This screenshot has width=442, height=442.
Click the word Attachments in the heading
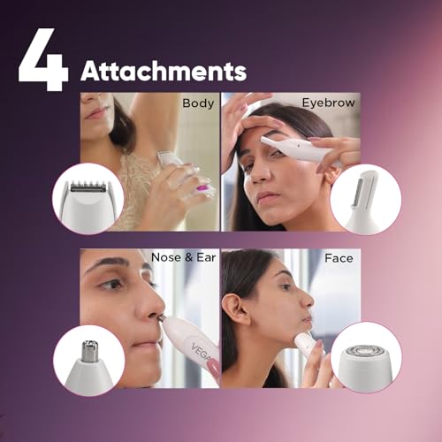164,71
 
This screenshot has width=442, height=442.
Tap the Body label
198,103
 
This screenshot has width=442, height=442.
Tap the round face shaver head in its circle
367,354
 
